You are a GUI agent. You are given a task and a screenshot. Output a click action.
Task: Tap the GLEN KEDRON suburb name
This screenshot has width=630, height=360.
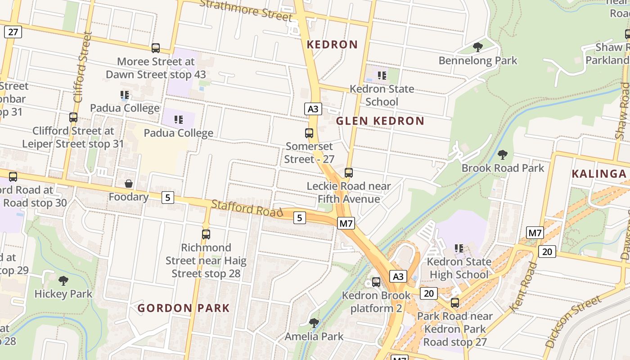coord(380,121)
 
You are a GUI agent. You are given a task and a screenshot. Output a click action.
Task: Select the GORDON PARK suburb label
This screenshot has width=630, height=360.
coord(184,308)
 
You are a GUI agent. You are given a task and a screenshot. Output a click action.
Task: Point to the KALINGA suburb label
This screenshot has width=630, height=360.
coord(599,174)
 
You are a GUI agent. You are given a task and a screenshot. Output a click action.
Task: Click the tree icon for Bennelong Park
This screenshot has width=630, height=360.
coord(478,47)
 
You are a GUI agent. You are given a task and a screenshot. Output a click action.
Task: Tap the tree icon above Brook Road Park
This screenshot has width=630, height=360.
coord(503,155)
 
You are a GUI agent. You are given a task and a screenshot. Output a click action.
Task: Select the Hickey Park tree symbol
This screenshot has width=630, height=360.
coord(63,281)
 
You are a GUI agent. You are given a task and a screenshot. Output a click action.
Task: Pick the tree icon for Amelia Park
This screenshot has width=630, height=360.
coord(314,323)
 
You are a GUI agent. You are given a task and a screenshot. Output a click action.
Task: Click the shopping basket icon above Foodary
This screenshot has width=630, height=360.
coord(129,184)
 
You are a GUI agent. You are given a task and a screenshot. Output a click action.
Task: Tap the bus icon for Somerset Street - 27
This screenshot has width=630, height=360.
coord(309,133)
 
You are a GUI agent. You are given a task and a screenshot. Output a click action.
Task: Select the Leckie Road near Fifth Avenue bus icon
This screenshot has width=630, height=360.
coord(349,172)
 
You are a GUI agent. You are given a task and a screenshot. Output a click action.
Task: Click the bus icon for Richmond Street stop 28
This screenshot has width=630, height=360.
coord(206,234)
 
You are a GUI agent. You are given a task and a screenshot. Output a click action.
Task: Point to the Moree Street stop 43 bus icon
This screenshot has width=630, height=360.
coord(156,48)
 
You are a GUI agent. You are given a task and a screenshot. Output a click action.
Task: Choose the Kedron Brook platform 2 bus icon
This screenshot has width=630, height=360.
coord(376,282)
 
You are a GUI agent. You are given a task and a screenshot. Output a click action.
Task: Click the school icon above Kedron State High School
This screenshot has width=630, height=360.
coord(459,248)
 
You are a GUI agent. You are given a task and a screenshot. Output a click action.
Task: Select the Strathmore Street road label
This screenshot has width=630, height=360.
coord(246,10)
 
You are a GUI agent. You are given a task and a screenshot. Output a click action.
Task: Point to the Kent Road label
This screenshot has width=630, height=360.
coord(524,287)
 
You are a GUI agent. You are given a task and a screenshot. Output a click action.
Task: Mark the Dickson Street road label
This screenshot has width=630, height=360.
coord(573,321)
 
